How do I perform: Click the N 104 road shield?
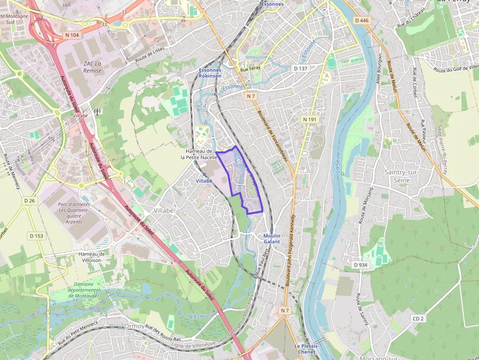(x=71, y=35)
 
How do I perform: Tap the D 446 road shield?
(x=362, y=20)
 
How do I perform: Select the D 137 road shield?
(x=300, y=68)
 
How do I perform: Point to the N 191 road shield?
(x=310, y=119)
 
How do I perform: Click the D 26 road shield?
(x=30, y=201)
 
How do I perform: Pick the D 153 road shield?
(x=36, y=236)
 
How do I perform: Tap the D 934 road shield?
(x=360, y=265)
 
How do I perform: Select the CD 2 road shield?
(x=418, y=318)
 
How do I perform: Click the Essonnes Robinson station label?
(x=210, y=73)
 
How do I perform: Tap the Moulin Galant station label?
(x=272, y=239)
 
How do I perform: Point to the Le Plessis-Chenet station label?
(x=306, y=349)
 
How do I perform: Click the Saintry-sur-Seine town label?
(x=404, y=176)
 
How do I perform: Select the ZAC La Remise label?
(x=92, y=67)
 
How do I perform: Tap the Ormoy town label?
(x=134, y=326)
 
